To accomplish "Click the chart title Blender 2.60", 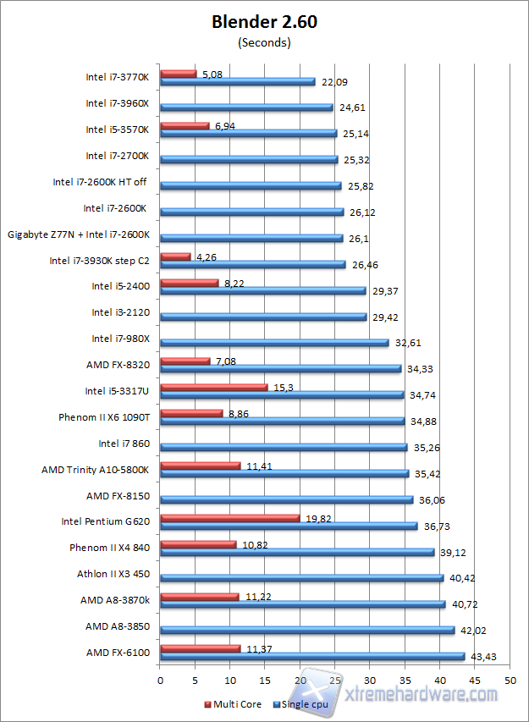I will pos(264,23).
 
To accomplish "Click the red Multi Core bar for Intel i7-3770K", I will pos(178,74).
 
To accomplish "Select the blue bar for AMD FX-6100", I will pos(311,656).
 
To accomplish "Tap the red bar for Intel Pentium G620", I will pos(229,518).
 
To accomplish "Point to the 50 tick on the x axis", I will pos(510,680).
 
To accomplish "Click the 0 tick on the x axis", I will pos(160,680).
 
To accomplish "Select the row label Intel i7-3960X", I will pos(118,103).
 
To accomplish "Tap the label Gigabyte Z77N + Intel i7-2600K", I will pos(79,234).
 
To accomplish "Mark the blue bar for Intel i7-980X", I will pos(274,343).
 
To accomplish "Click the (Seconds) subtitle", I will pos(264,41).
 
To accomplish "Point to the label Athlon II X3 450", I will pos(113,574).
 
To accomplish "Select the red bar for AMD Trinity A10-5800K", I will pos(200,466).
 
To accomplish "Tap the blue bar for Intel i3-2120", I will pos(262,317).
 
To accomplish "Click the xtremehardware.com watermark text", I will pos(423,694).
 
